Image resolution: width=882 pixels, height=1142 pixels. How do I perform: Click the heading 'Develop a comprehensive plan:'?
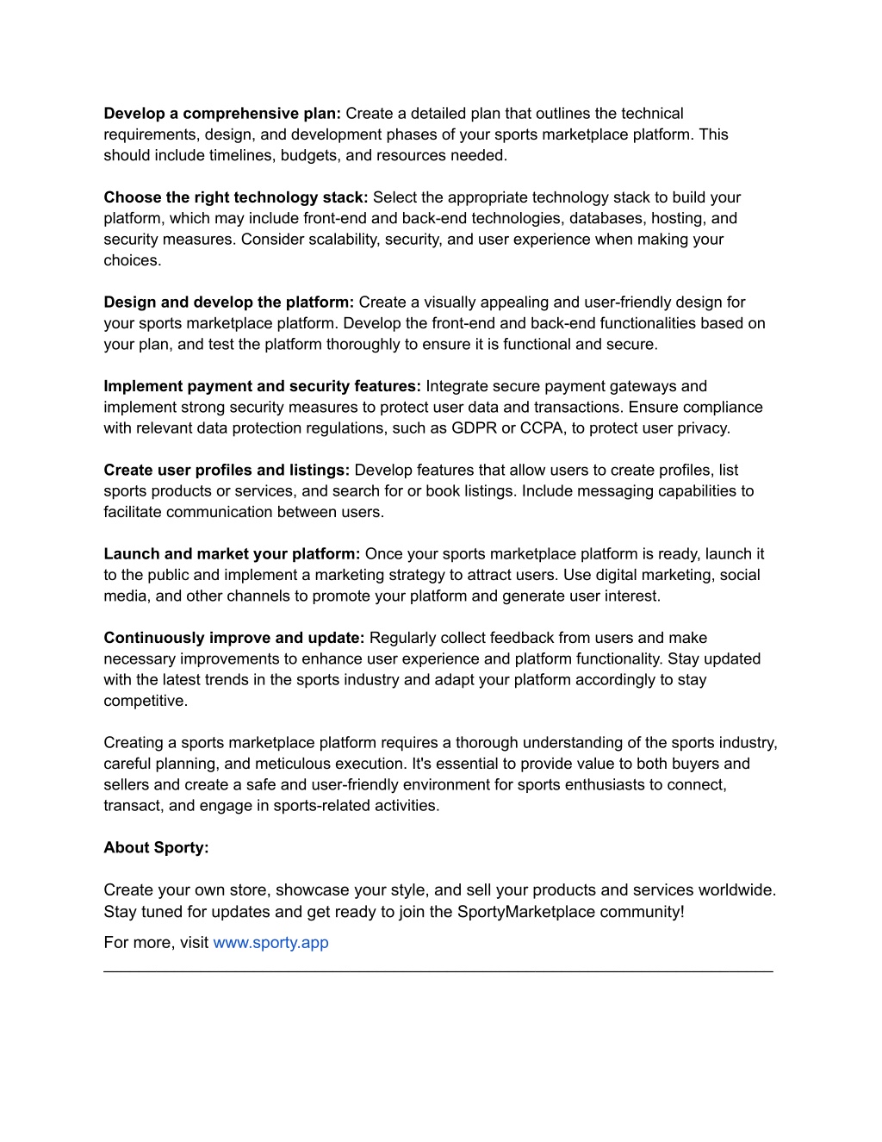[x=222, y=114]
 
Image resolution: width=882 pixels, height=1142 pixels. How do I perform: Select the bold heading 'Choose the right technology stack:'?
[x=235, y=197]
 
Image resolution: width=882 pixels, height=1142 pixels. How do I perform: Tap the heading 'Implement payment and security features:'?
[x=262, y=386]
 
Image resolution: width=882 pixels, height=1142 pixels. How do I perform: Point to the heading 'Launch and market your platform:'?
[x=232, y=554]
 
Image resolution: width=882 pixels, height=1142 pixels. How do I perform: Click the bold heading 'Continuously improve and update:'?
[x=234, y=638]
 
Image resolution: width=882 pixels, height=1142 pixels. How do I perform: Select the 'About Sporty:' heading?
[x=156, y=847]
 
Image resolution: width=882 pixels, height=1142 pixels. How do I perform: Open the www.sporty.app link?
[x=270, y=942]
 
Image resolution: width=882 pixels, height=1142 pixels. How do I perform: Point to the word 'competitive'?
[x=144, y=701]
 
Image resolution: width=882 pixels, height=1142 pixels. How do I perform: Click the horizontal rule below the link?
[x=438, y=971]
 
